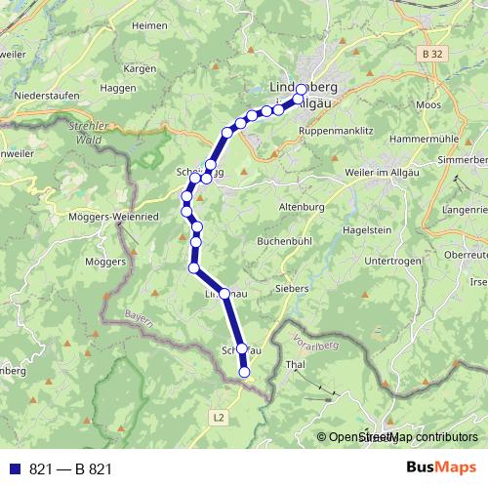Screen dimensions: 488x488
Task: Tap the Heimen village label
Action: coord(149,52)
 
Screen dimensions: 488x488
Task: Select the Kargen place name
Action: coord(141,70)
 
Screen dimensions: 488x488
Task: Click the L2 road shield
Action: coord(218,416)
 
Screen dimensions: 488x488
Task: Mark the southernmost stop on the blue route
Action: coord(245,371)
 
